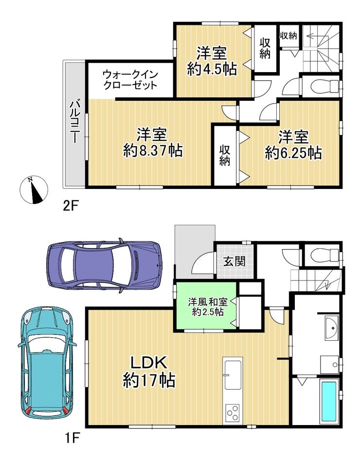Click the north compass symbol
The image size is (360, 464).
34,190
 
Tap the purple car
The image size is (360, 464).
104,265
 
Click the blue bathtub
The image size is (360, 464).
328,401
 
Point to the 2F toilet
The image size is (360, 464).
325,86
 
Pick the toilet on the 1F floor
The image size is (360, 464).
325,254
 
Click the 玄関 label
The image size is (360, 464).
234,261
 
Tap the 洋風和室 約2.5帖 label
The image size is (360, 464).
208,307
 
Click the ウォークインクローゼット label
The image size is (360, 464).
130,80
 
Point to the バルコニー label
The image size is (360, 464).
74,121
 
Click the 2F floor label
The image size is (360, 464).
71,205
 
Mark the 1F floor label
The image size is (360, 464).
71,438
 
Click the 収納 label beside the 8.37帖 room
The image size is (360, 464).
225,156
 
